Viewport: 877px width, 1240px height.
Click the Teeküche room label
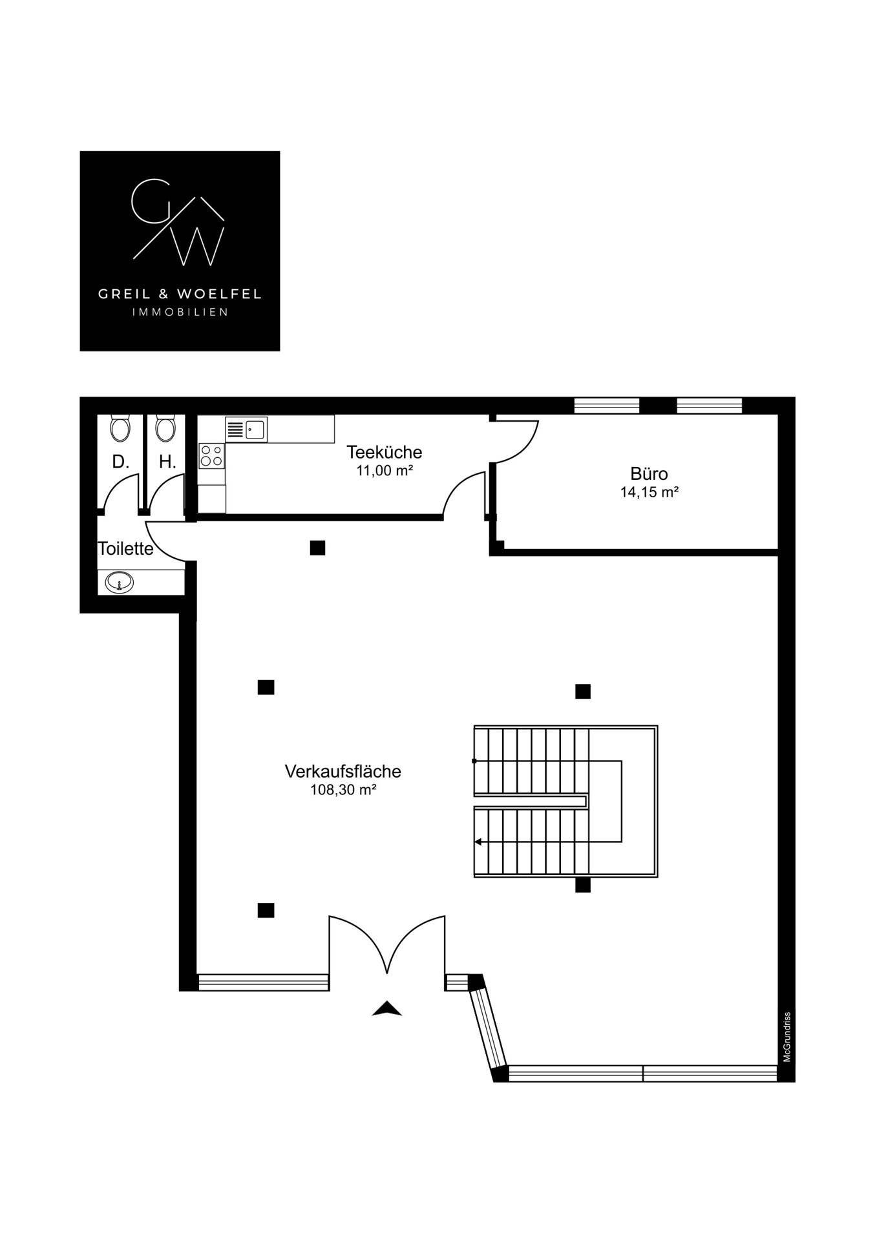[x=384, y=451]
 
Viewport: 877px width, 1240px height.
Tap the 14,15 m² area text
[x=649, y=492]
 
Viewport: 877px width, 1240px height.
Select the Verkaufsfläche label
[x=343, y=771]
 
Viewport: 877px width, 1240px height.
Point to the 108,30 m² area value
[x=343, y=789]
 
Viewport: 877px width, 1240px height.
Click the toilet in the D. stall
[x=120, y=428]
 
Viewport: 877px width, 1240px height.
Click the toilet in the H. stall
[x=165, y=428]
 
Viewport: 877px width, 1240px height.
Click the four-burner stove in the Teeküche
[x=211, y=455]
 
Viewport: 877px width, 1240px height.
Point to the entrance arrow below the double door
[x=386, y=1008]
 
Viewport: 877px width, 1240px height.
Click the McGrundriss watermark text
[x=787, y=1037]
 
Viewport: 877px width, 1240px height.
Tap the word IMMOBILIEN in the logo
[x=180, y=313]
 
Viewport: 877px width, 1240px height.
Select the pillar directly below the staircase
[x=583, y=885]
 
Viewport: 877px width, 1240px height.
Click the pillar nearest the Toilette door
[x=317, y=548]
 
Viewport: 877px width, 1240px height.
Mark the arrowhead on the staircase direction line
[x=478, y=842]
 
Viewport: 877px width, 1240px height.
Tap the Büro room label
[x=649, y=473]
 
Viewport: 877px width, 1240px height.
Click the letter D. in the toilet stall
[x=120, y=462]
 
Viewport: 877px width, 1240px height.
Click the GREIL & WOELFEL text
[x=180, y=294]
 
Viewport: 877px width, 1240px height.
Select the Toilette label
[x=125, y=548]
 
